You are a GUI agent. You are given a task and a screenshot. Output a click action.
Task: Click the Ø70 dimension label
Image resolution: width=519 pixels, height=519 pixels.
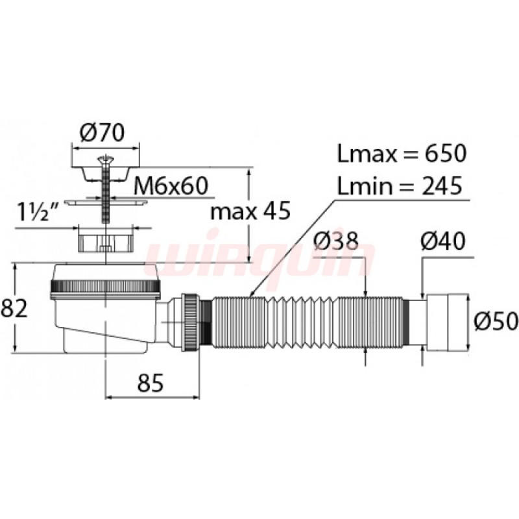point(103,132)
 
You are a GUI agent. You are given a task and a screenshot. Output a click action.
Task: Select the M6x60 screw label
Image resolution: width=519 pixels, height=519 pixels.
point(171,186)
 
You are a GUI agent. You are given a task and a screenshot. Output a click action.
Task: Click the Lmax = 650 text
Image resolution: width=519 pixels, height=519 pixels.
point(402,153)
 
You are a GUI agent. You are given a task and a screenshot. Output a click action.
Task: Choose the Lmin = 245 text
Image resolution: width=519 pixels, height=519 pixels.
point(400,186)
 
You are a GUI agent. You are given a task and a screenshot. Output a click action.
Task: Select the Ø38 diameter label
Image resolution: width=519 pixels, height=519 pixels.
point(336,241)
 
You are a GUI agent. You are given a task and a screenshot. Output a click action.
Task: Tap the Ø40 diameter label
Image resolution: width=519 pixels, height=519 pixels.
point(443,241)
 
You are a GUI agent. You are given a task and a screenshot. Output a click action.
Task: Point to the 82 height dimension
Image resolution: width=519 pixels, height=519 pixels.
point(14,309)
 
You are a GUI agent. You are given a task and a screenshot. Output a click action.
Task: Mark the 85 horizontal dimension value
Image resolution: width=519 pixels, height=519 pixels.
point(151,383)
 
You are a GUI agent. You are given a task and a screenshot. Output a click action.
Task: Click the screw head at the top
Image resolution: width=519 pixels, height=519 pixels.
point(105,160)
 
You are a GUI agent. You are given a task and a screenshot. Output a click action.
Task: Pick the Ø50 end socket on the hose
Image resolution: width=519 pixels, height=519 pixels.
point(448,321)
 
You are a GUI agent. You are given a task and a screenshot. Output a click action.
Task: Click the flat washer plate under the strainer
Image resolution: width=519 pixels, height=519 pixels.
point(105,202)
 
